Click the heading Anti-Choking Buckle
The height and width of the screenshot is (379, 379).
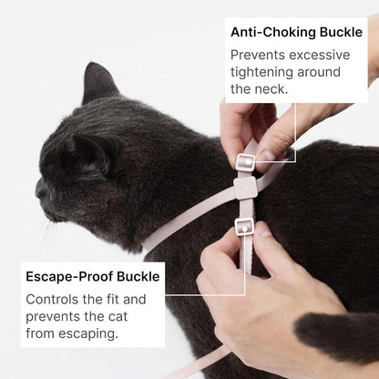coord(295,32)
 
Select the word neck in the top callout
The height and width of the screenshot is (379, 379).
coord(271,88)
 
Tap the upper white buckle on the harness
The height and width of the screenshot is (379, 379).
coord(244,162)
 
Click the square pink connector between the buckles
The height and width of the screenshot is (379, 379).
coord(244,189)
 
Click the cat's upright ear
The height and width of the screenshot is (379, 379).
coord(97,83)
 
